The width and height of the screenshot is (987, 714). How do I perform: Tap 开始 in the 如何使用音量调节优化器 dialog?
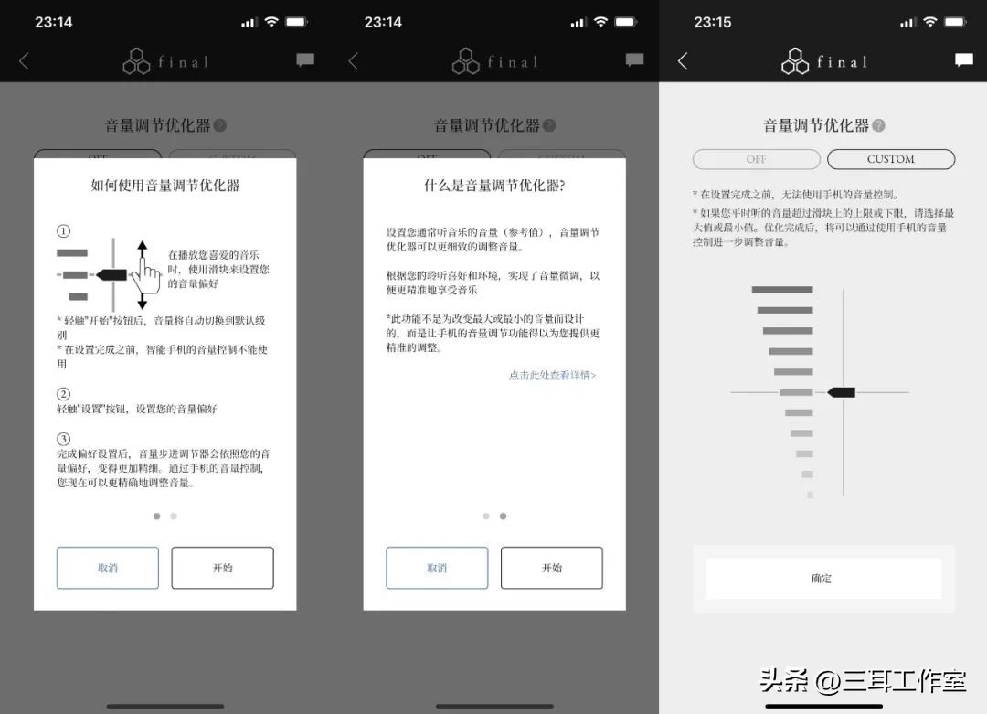[222, 568]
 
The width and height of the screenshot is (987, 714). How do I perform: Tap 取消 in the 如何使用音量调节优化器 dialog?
[108, 568]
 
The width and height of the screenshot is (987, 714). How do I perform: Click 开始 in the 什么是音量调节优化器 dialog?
[551, 568]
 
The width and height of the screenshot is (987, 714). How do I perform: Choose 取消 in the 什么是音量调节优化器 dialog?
[437, 568]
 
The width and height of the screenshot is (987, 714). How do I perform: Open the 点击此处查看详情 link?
[552, 375]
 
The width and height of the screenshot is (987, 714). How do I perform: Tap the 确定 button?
[822, 579]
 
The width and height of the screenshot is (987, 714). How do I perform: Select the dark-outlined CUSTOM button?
[890, 159]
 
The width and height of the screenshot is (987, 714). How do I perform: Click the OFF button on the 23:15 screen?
[757, 159]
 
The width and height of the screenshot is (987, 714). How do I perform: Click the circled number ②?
[63, 395]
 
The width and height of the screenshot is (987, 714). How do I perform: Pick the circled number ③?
[63, 439]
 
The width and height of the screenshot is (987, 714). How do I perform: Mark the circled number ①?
[63, 231]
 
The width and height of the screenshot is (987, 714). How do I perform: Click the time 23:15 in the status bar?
[713, 22]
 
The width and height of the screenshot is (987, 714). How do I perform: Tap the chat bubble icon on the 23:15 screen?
[964, 60]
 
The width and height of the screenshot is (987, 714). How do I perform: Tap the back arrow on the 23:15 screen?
[683, 61]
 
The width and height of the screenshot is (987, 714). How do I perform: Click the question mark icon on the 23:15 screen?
[878, 126]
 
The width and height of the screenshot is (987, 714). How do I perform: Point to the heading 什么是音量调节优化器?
[494, 186]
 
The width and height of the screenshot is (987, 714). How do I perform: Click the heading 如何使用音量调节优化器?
[165, 186]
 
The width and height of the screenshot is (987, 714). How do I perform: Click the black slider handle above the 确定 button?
[842, 392]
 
